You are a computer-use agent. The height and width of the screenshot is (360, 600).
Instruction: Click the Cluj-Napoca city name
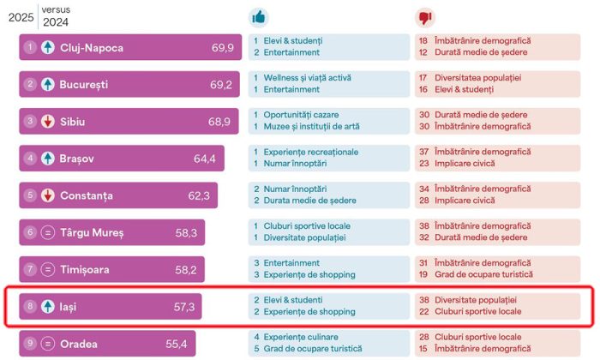92,48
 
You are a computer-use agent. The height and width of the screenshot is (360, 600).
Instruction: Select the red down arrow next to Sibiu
48,122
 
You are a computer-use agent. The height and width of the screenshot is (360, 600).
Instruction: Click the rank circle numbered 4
30,159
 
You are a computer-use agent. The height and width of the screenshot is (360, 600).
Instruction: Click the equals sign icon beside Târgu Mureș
48,232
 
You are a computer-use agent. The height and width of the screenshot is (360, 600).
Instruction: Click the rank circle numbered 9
30,344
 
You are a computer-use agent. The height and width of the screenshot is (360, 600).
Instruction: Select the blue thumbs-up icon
258,17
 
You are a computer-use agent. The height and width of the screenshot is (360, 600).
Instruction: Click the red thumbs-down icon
423,17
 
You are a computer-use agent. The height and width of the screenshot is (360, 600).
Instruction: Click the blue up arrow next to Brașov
48,159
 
